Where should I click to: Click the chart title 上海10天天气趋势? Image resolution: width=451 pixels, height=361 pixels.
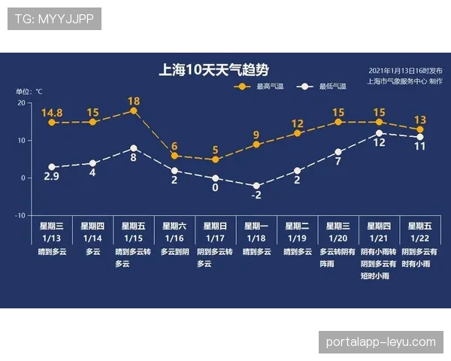pyautogui.click(x=214, y=70)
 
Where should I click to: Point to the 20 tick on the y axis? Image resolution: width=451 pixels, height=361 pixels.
pyautogui.click(x=21, y=103)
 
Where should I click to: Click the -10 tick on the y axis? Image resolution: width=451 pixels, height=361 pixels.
pyautogui.click(x=20, y=215)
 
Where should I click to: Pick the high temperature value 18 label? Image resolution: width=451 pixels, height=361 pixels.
pyautogui.click(x=134, y=101)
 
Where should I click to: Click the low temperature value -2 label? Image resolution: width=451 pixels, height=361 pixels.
pyautogui.click(x=256, y=196)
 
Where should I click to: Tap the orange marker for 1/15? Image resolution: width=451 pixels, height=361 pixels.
pyautogui.click(x=134, y=111)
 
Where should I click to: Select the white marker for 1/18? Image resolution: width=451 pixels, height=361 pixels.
pyautogui.click(x=256, y=186)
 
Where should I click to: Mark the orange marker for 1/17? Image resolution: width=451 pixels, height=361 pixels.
pyautogui.click(x=216, y=159)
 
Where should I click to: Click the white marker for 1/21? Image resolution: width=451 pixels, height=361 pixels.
pyautogui.click(x=379, y=133)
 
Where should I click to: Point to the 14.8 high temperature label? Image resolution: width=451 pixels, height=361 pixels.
pyautogui.click(x=52, y=113)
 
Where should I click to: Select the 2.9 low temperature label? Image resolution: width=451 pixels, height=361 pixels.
pyautogui.click(x=52, y=177)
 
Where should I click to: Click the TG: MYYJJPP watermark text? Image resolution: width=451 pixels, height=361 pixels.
pyautogui.click(x=54, y=19)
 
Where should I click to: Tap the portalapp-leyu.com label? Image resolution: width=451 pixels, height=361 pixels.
pyautogui.click(x=381, y=342)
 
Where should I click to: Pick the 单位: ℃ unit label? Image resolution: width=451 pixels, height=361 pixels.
pyautogui.click(x=30, y=92)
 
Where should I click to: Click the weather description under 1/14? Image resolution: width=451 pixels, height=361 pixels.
pyautogui.click(x=93, y=252)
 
